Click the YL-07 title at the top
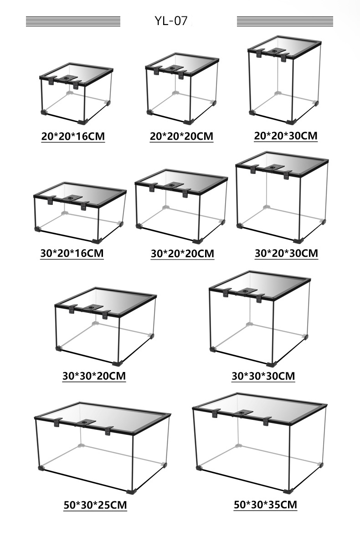click(171, 21)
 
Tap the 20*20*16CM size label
click(73, 136)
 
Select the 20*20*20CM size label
click(181, 136)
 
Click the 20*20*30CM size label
click(286, 136)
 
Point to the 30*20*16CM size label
click(72, 253)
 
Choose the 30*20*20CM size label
click(182, 254)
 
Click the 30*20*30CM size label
click(286, 253)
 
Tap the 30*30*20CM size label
click(94, 376)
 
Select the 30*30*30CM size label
click(263, 376)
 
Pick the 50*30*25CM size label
click(95, 504)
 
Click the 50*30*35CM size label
click(265, 504)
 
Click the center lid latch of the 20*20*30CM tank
click(273, 51)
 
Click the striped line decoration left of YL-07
click(73, 21)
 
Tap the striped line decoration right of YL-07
click(285, 21)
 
